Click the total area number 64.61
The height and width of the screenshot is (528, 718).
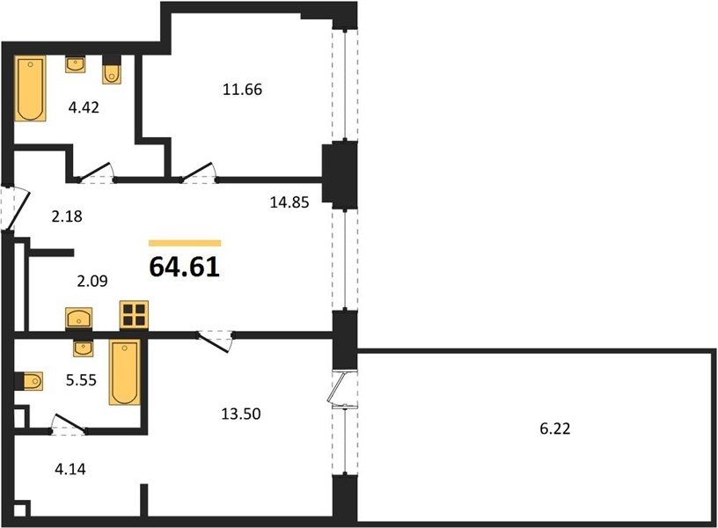pos(185,267)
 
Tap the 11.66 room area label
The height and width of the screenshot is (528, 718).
pos(242,89)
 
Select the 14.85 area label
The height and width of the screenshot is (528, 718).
pos(289,202)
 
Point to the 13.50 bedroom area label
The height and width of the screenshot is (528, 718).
pos(241,414)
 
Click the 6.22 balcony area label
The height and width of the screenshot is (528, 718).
pos(555,429)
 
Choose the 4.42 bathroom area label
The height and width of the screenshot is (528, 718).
pos(84,107)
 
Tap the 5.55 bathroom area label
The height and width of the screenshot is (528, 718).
pos(81,380)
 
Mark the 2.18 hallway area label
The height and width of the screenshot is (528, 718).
pos(67,216)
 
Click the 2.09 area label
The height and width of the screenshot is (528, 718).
pos(92,281)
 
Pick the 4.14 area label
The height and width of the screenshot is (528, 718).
pos(70,469)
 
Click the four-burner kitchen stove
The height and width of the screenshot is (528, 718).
pos(134,315)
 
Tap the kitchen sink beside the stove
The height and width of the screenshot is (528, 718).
pos(79,318)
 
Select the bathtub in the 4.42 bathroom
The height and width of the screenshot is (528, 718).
pos(30,88)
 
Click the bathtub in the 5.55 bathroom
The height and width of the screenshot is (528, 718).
pos(124,372)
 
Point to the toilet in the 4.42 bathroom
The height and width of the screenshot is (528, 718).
pos(112,70)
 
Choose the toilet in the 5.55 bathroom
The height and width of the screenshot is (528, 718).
pos(29,381)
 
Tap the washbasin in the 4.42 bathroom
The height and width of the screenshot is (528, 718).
pos(75,64)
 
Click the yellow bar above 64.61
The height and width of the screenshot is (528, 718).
pos(185,243)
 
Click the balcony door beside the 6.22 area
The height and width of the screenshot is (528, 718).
pos(341,388)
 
